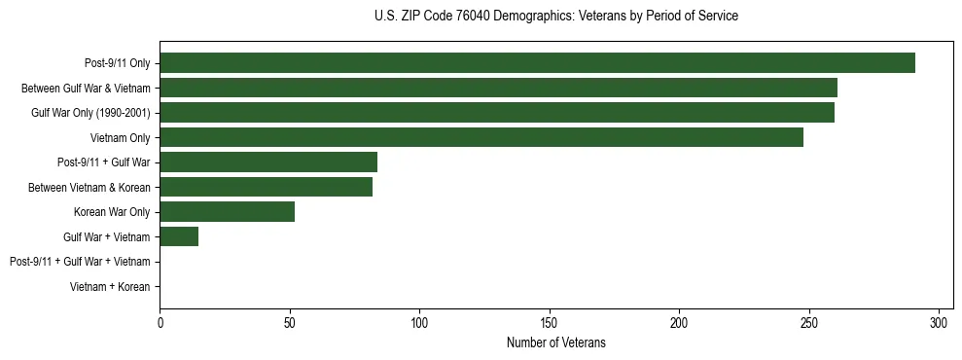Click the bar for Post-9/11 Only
[537, 63]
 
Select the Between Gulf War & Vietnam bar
[498, 89]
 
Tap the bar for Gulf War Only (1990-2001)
[497, 113]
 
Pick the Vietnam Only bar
[481, 138]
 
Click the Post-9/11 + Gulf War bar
[268, 162]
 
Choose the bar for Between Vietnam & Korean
[266, 187]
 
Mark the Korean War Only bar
[227, 212]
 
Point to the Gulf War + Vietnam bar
[179, 236]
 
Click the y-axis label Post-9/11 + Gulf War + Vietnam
[80, 262]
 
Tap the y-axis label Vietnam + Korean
[110, 287]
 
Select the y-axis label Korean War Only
[112, 212]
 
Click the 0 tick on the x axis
[160, 321]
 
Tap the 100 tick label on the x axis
[419, 321]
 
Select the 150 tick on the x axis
[550, 321]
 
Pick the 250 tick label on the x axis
[809, 321]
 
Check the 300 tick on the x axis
[940, 321]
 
